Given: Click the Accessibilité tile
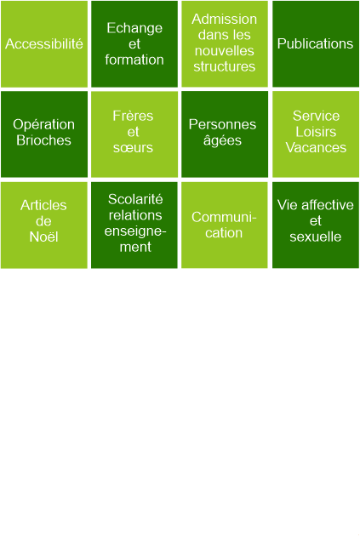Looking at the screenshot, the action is tap(44, 44).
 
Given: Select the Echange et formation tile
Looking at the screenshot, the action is tap(134, 44).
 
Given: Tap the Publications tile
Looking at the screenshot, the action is tap(316, 44).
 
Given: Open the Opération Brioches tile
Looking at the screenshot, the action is tap(44, 134).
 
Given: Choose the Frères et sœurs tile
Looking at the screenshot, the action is tap(134, 134).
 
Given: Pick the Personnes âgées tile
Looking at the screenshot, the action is tap(225, 134).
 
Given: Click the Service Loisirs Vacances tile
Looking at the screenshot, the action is tap(316, 134).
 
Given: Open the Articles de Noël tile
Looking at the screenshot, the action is tap(44, 225).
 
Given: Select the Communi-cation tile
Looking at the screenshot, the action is tap(225, 225).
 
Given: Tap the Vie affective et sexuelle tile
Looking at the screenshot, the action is tap(316, 225).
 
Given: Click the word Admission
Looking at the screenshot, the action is tap(225, 19).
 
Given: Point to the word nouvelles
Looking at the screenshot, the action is tap(225, 51).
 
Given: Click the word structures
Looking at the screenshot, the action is tap(225, 66).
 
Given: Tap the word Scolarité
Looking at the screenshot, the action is tap(135, 199).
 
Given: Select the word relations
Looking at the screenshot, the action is tap(135, 215).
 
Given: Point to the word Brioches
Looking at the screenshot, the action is tap(43, 140).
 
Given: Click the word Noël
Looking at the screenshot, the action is tap(43, 237).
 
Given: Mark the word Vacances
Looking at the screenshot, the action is tap(316, 148).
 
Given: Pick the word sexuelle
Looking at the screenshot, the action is tap(316, 237).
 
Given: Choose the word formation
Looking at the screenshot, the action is tap(134, 60).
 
